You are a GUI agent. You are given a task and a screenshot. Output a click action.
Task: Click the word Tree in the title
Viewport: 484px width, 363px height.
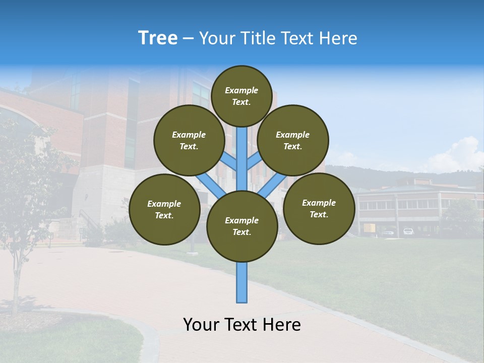click(158, 38)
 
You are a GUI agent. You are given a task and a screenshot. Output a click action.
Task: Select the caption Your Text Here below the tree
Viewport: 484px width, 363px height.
click(241, 325)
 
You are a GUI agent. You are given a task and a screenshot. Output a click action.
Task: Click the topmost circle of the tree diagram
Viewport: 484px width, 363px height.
click(241, 96)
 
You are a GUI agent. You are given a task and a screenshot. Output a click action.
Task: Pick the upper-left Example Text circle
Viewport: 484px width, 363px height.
click(189, 140)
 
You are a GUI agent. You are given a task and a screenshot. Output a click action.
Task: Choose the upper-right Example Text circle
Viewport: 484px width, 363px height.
click(293, 140)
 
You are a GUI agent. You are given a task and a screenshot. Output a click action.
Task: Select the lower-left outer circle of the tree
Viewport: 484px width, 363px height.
click(164, 209)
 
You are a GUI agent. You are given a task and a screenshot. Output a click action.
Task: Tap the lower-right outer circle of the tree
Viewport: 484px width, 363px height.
click(319, 208)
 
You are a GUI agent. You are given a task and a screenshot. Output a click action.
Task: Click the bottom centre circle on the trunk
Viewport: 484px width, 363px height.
click(242, 226)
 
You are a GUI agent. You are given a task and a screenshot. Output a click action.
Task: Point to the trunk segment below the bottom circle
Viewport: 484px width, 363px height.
click(242, 282)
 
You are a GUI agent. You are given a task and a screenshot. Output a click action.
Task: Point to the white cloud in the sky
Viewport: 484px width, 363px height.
click(461, 154)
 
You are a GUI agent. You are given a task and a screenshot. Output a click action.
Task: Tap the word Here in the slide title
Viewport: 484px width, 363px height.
click(339, 38)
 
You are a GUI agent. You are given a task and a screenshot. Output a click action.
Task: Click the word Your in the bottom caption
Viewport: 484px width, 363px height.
click(201, 325)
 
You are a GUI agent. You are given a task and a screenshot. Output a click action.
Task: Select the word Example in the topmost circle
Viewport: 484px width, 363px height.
click(241, 90)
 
